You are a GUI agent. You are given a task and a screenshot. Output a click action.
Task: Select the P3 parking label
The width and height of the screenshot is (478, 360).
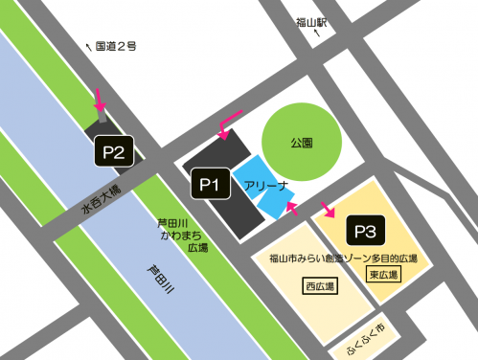[x=368, y=231]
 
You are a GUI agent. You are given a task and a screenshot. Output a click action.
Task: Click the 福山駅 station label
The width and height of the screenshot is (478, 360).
[x=313, y=20]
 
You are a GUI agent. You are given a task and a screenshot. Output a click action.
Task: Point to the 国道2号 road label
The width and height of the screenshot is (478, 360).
[x=118, y=44]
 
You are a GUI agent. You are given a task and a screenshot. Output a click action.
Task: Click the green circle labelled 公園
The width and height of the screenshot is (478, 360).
[x=302, y=141]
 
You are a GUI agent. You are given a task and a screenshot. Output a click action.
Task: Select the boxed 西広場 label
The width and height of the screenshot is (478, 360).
[x=318, y=286]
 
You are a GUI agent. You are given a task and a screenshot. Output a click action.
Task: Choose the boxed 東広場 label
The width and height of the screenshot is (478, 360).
[x=382, y=275]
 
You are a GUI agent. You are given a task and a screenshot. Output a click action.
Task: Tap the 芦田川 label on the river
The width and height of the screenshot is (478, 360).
[x=159, y=281]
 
